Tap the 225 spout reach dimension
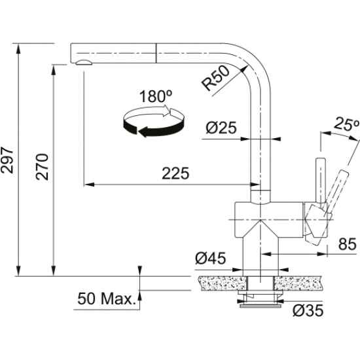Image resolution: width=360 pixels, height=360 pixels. pos(175,173)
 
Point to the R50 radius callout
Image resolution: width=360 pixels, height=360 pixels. pos(215,79)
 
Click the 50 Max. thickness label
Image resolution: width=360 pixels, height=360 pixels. pos(105,299)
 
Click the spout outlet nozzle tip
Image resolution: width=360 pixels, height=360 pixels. pos(83,62)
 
